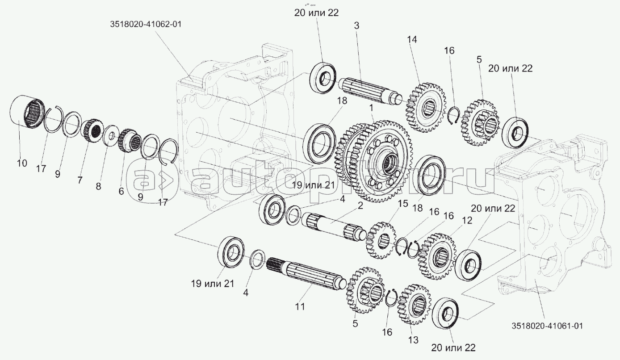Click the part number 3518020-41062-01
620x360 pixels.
[x=145, y=25]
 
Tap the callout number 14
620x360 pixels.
[x=411, y=39]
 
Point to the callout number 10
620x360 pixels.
[x=22, y=163]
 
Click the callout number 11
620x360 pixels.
[x=299, y=306]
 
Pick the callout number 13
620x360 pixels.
[x=413, y=340]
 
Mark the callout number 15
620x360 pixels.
[x=403, y=203]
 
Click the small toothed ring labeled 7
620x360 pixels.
[x=93, y=129]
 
